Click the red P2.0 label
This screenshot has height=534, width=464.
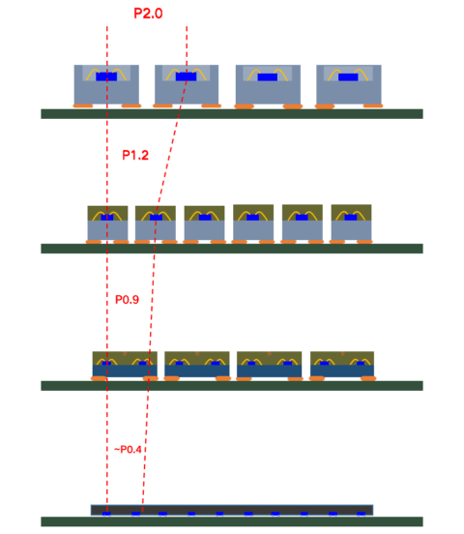tap(148, 14)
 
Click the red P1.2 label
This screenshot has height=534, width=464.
tap(135, 155)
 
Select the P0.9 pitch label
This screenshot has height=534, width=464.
tap(127, 300)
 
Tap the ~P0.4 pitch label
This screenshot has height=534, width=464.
tap(129, 450)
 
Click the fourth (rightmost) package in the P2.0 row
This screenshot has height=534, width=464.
tap(348, 84)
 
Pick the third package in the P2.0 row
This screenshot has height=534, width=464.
tap(268, 84)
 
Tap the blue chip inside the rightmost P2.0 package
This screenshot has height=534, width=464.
tap(348, 76)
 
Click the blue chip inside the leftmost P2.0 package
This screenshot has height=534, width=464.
tap(106, 76)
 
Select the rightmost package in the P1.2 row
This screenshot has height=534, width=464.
tap(351, 223)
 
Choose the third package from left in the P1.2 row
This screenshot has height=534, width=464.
tap(204, 223)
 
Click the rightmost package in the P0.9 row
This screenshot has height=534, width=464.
tap(342, 365)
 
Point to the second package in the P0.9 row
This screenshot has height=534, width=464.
tap(197, 365)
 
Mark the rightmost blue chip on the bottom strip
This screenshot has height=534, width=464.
tap(361, 514)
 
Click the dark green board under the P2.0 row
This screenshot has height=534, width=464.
tap(232, 113)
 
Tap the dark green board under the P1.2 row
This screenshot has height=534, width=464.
tap(232, 249)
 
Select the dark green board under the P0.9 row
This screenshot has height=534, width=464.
tap(232, 386)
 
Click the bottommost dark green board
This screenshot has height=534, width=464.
tap(232, 522)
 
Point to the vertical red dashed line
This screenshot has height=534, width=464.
tap(106, 290)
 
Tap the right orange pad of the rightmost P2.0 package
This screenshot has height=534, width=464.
tap(372, 105)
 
